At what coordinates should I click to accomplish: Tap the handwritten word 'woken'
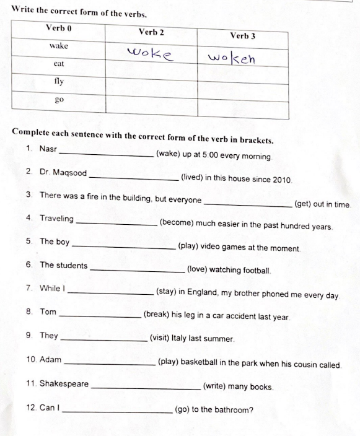point(232,59)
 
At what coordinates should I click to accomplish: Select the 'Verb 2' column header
point(151,32)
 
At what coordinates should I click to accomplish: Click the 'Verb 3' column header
point(242,36)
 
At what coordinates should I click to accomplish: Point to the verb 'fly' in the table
point(59,81)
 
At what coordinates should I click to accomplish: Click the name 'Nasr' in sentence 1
point(48,149)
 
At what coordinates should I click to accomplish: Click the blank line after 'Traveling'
point(116,222)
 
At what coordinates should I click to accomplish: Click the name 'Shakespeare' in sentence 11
point(64,384)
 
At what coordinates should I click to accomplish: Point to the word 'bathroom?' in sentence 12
point(235,409)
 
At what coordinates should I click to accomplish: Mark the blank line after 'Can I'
point(117,412)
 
